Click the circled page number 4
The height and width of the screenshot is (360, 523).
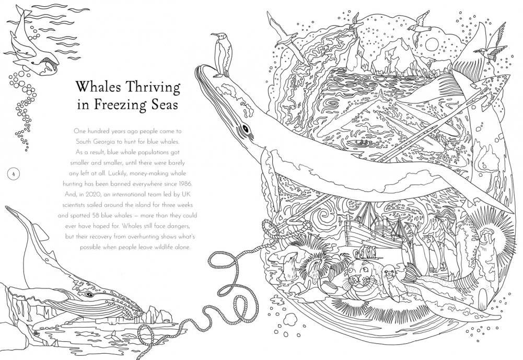pyautogui.click(x=13, y=173)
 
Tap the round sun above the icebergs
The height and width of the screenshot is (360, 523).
pyautogui.click(x=432, y=44)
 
